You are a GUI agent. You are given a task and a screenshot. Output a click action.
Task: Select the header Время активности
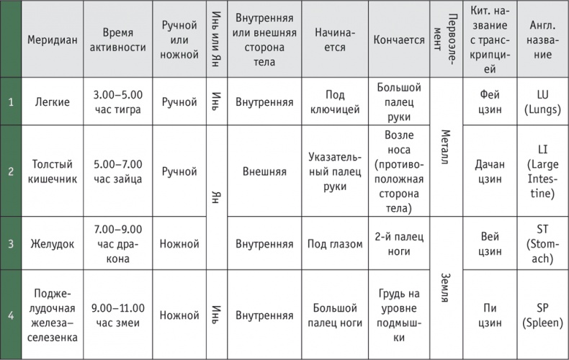[117, 40]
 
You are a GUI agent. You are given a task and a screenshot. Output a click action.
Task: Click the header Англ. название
[542, 40]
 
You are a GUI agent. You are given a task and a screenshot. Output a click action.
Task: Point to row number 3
[11, 243]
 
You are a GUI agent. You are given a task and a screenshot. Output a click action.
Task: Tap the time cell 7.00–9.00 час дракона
[117, 243]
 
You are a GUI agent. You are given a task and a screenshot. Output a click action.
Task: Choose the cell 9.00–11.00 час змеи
[117, 315]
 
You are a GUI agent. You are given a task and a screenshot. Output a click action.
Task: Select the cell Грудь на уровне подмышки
[398, 315]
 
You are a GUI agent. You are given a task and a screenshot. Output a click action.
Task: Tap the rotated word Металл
[444, 148]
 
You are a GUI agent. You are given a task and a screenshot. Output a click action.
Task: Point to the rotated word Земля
[444, 287]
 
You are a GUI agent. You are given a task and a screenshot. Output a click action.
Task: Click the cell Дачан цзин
[490, 171]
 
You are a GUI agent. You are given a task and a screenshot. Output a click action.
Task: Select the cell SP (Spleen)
[542, 315]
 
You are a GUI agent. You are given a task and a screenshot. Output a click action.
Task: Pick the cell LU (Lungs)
[542, 102]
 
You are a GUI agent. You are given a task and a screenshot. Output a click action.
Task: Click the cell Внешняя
[264, 171]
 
